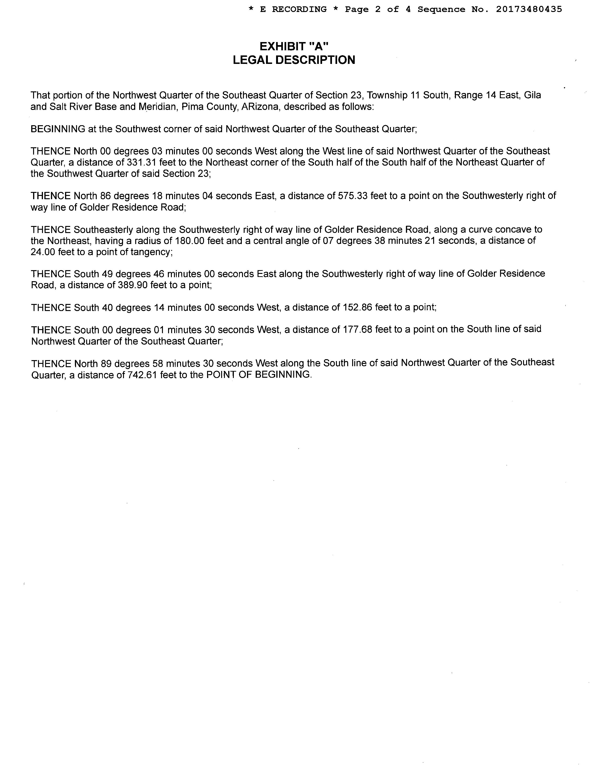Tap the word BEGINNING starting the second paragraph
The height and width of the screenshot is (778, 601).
click(58, 129)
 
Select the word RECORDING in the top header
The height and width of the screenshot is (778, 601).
click(299, 9)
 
